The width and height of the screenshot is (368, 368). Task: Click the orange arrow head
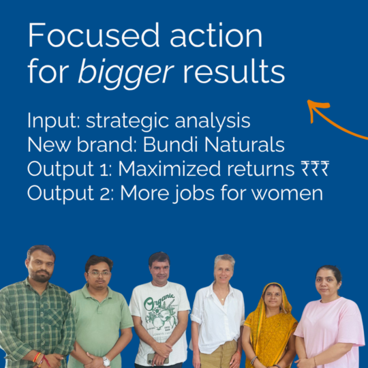click(x=315, y=107)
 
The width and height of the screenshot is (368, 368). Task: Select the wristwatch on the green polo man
click(x=106, y=361)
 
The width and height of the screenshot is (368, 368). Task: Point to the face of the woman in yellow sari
click(x=273, y=297)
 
